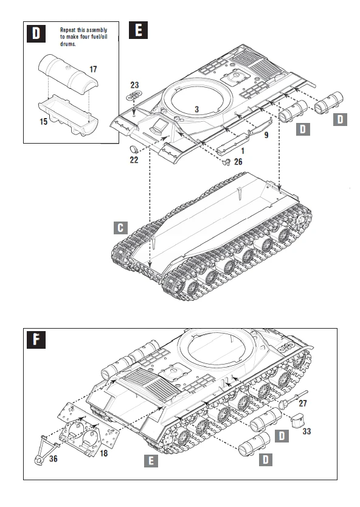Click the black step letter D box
36,33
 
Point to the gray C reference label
121,228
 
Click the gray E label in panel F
150,461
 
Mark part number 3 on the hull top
196,109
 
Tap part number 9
266,133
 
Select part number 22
134,160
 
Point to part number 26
237,161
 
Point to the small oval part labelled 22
136,149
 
